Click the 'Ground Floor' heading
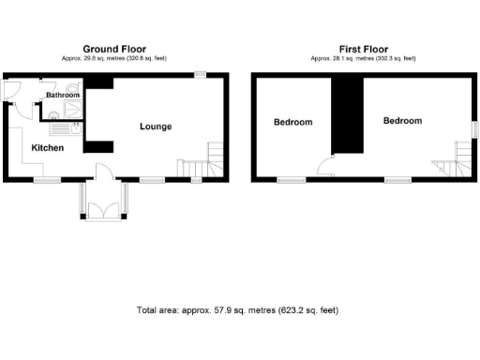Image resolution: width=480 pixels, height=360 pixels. pyautogui.click(x=113, y=49)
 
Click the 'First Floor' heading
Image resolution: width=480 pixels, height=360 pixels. pyautogui.click(x=363, y=49)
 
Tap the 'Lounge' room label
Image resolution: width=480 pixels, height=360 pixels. pyautogui.click(x=156, y=127)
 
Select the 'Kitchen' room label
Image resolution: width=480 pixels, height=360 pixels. pyautogui.click(x=48, y=148)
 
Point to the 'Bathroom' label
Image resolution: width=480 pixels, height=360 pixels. pyautogui.click(x=63, y=96)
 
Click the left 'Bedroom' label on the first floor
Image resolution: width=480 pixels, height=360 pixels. pyautogui.click(x=292, y=122)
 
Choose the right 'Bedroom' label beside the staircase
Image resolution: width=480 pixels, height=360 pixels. pyautogui.click(x=402, y=121)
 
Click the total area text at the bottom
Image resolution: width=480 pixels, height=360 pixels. pyautogui.click(x=236, y=309)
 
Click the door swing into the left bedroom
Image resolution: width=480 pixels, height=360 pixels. pyautogui.click(x=323, y=168)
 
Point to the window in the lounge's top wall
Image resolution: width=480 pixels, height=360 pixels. pyautogui.click(x=200, y=75)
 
